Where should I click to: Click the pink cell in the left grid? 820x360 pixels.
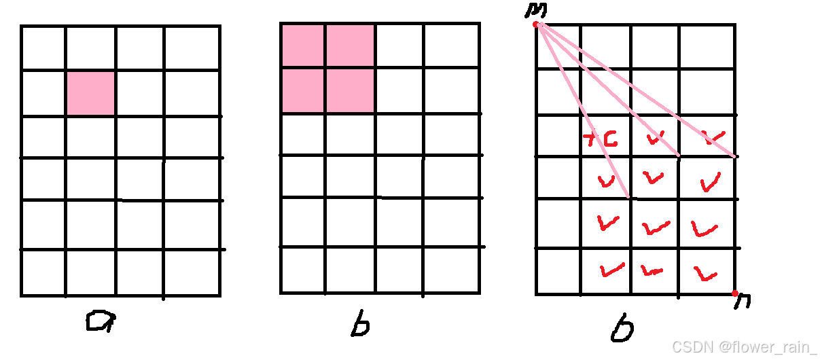pyautogui.click(x=90, y=92)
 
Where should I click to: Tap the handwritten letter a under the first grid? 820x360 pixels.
pyautogui.click(x=101, y=321)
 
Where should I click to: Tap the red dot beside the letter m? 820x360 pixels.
pyautogui.click(x=535, y=24)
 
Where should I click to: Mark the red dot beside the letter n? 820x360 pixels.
pyautogui.click(x=734, y=293)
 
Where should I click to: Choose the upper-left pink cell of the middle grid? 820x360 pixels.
pyautogui.click(x=302, y=46)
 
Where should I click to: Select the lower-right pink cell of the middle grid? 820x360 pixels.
pyautogui.click(x=350, y=90)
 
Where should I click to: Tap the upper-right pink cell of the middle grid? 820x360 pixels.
pyautogui.click(x=350, y=46)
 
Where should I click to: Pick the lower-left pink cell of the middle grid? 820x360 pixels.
pyautogui.click(x=302, y=90)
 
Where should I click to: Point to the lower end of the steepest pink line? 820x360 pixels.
pyautogui.click(x=630, y=197)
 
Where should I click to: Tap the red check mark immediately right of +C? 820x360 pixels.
pyautogui.click(x=655, y=139)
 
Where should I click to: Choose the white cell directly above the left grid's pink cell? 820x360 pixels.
pyautogui.click(x=90, y=48)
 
